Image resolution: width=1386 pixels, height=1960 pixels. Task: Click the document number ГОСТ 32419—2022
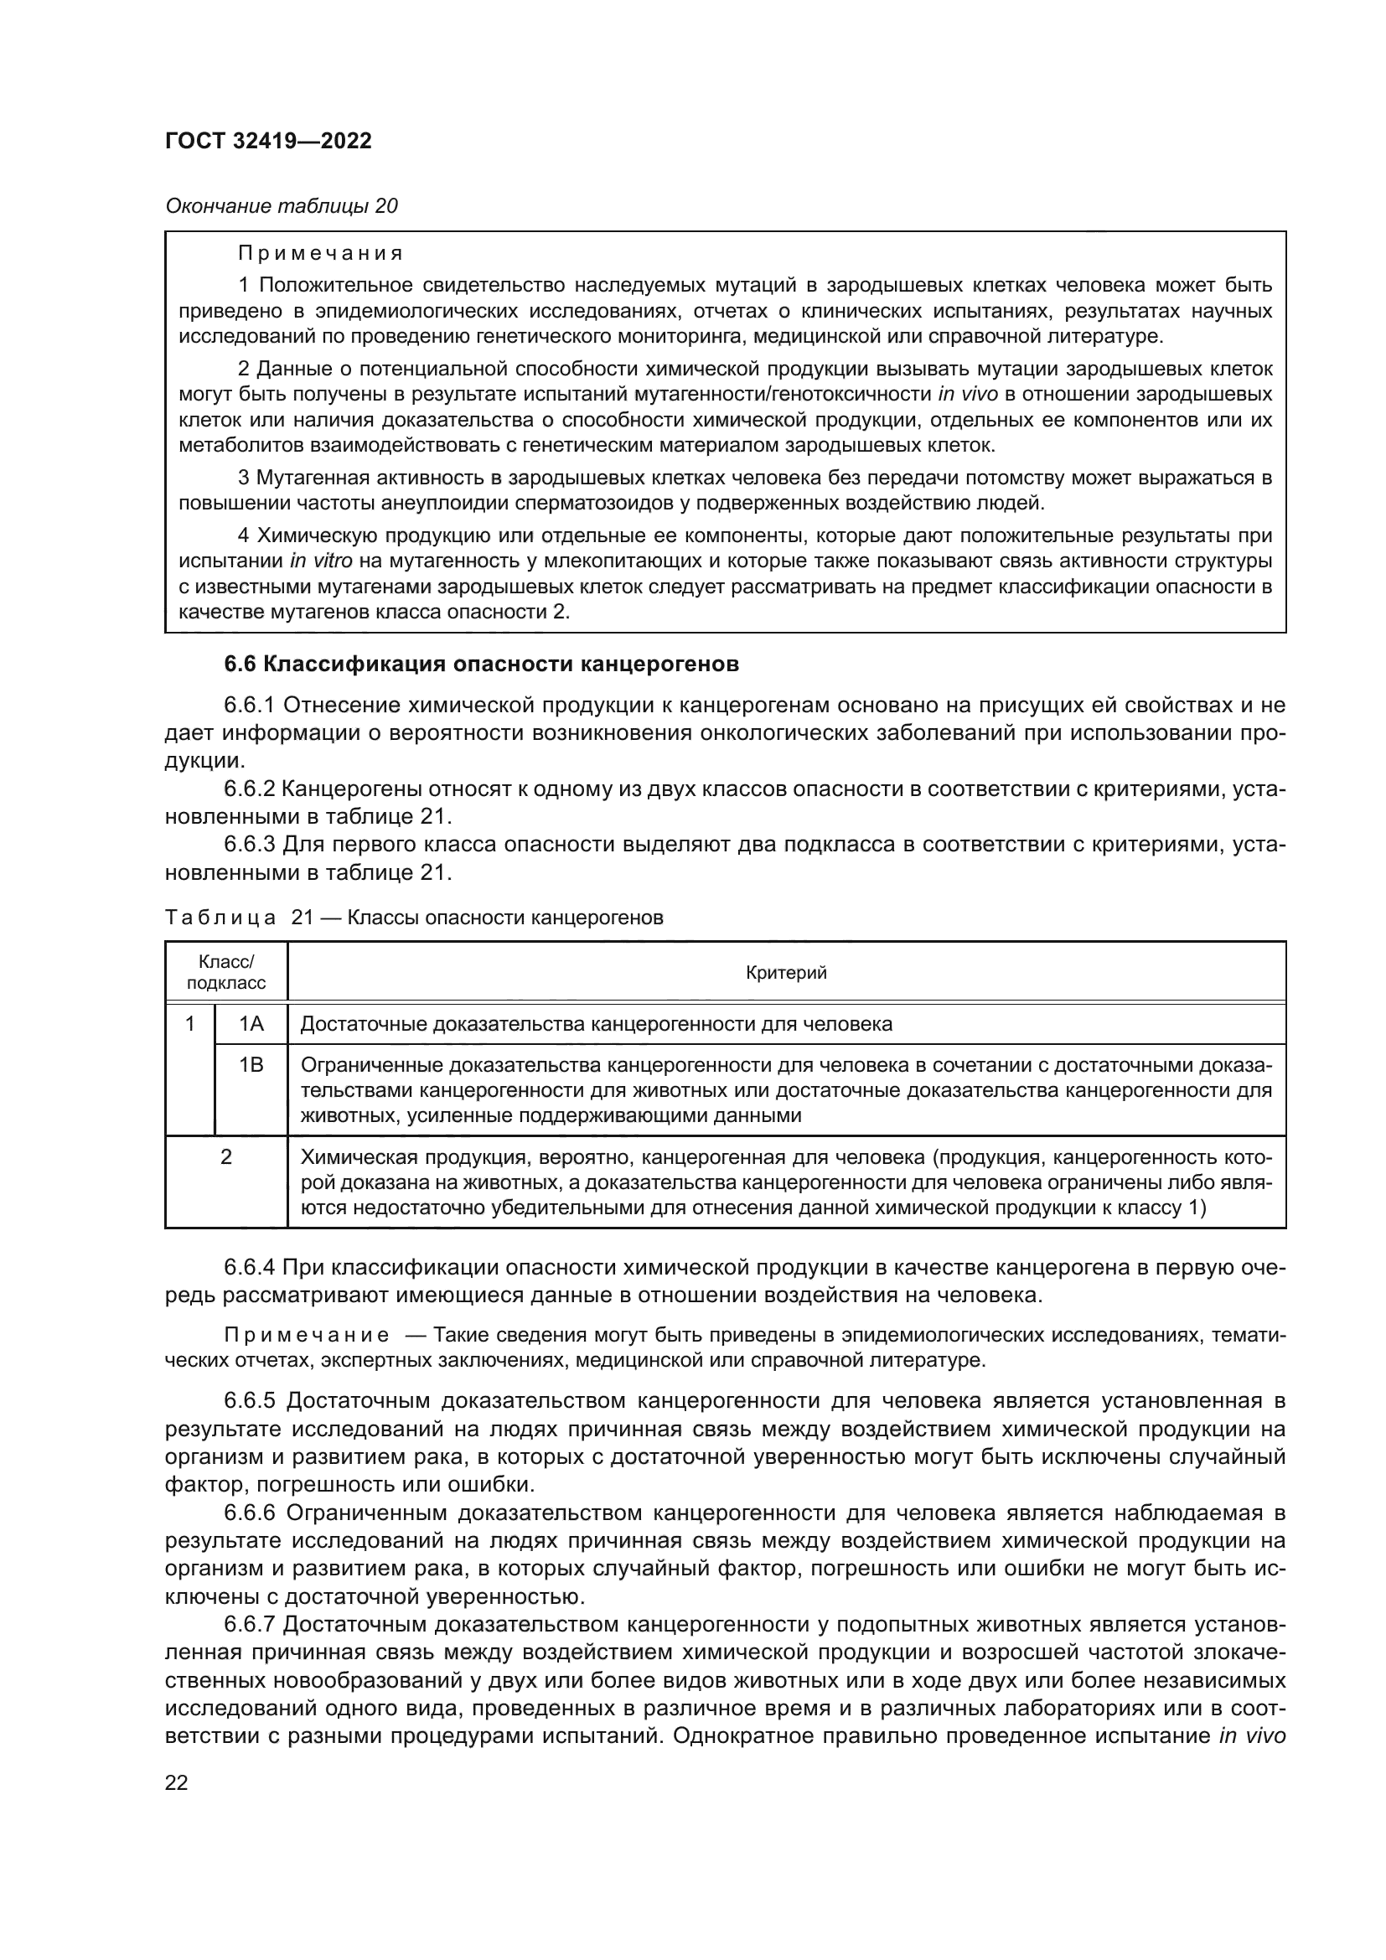tap(268, 141)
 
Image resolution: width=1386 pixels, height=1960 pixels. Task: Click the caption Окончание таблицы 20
tap(281, 206)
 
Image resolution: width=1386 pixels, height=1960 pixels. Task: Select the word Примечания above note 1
tap(320, 254)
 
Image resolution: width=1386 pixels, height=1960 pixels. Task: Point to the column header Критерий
tap(786, 972)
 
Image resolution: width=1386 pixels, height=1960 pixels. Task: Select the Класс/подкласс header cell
tap(226, 972)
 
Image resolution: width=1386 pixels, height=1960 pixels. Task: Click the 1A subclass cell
tap(251, 1023)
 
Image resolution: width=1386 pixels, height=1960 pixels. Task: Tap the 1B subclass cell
tap(251, 1065)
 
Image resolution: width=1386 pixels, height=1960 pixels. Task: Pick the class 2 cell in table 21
tap(226, 1157)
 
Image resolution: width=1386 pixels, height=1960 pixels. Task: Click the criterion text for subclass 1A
tap(596, 1023)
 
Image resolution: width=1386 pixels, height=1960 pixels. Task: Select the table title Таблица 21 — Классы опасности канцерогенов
tap(414, 918)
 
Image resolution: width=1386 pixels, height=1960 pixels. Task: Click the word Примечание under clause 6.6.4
tap(307, 1335)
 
